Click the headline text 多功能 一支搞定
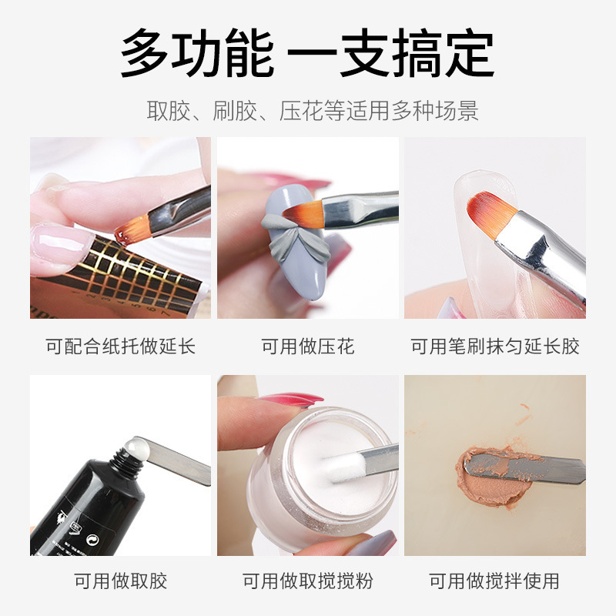pyautogui.click(x=306, y=52)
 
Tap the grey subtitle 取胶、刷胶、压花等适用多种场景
pyautogui.click(x=313, y=110)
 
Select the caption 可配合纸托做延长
pyautogui.click(x=121, y=346)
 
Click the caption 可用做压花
pyautogui.click(x=308, y=346)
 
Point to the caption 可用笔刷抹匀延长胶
pyautogui.click(x=495, y=346)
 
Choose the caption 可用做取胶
pyautogui.click(x=121, y=581)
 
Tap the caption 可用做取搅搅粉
pyautogui.click(x=308, y=581)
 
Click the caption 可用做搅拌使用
pyautogui.click(x=494, y=581)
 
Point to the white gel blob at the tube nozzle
pyautogui.click(x=136, y=448)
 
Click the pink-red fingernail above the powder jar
pyautogui.click(x=292, y=400)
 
